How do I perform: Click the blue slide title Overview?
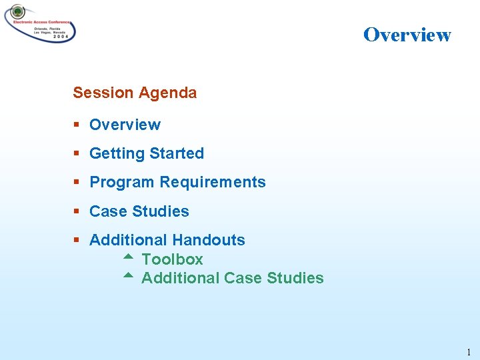tap(407, 35)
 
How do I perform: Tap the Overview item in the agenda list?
tap(125, 125)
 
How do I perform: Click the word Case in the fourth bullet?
tap(107, 211)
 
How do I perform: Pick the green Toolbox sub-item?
tap(172, 259)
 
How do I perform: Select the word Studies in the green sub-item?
tap(295, 278)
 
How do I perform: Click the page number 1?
tap(469, 352)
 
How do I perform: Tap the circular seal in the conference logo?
tap(16, 11)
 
